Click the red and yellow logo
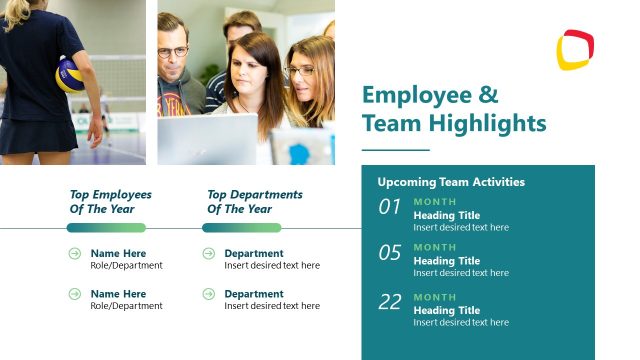pos(575,50)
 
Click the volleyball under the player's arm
pos(70,75)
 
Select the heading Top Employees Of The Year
pos(110,202)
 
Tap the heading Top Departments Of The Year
pos(254,202)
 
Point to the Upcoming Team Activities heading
pos(451,182)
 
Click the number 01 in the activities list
pos(389,208)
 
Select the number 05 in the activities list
pos(389,253)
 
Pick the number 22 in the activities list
pos(389,302)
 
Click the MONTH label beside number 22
pos(435,297)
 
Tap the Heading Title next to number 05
pos(447,261)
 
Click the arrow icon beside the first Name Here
pos(75,254)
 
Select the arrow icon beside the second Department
pos(209,294)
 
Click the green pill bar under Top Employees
pos(106,228)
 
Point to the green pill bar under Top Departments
pos(241,228)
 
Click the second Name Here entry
pos(118,294)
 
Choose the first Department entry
pos(253,254)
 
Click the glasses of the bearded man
pos(172,51)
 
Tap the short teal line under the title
pos(395,149)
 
